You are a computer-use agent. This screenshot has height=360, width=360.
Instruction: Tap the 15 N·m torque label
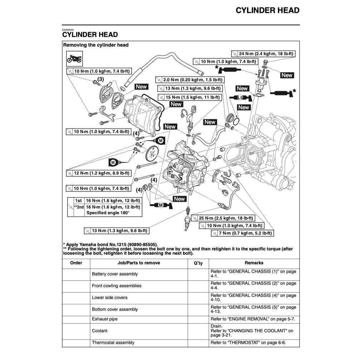click(x=192, y=97)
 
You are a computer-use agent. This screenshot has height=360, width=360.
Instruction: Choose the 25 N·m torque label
click(x=222, y=218)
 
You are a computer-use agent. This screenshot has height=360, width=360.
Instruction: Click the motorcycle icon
click(x=74, y=58)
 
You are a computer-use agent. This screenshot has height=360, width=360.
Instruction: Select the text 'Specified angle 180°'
click(x=108, y=213)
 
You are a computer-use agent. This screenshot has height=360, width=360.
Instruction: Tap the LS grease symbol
click(x=240, y=98)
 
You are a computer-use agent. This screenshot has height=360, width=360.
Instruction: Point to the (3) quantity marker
click(x=100, y=79)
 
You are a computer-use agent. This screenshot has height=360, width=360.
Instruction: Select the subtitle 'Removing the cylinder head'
click(x=96, y=45)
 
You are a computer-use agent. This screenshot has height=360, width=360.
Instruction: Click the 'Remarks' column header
click(x=254, y=263)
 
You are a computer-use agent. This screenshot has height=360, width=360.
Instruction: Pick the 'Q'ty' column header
click(x=198, y=263)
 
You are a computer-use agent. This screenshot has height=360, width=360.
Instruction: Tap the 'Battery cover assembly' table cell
click(x=115, y=274)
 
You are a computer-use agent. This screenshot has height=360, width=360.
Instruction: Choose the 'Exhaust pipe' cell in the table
click(x=105, y=319)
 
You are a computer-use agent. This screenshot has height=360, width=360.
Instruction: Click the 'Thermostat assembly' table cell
click(x=113, y=342)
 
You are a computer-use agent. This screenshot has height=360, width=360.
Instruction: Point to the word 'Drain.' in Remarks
click(x=217, y=326)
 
